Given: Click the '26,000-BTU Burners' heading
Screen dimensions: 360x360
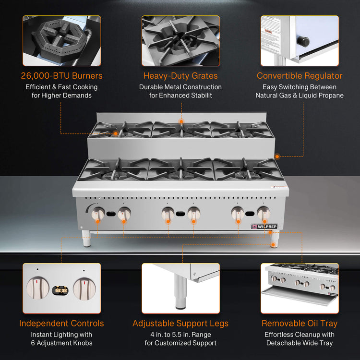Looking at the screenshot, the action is [61, 76].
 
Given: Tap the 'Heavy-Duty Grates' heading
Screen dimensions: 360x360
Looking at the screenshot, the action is [180, 76].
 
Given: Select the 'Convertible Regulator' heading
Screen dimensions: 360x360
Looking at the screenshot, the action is [300, 76].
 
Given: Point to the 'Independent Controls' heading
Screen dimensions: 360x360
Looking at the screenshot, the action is [61, 323].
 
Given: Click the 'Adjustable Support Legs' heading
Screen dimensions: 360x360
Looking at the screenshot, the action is [180, 323].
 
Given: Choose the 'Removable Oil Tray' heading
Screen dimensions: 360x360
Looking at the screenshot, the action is [300, 323].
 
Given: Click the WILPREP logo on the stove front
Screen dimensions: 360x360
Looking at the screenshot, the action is [264, 227].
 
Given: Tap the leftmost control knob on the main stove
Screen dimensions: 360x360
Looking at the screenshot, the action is [98, 214].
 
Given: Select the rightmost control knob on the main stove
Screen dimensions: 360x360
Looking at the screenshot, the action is [264, 214].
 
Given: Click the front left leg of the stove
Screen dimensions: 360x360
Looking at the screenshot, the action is [86, 238].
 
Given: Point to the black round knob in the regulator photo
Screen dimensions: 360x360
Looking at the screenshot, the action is [303, 42].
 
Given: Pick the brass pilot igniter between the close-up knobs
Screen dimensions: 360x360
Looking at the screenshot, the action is [61, 290].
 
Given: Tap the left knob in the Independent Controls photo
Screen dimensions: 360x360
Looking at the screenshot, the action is [37, 288].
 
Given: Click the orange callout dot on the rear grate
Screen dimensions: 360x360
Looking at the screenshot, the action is [181, 121].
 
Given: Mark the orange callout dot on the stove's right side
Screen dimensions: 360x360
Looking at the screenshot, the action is [277, 156].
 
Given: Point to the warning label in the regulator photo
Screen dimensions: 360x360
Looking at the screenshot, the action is [271, 35].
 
